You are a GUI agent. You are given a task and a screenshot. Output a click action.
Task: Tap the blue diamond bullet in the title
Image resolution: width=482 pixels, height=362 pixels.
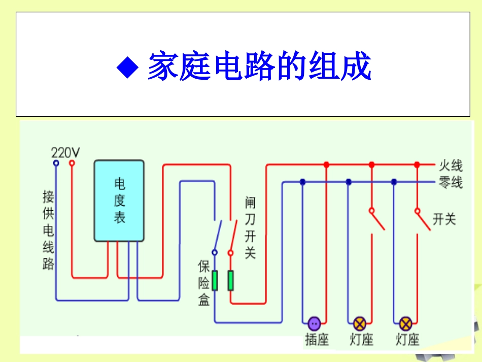pos(127,67)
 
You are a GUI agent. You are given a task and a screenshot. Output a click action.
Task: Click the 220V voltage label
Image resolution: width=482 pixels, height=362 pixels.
pos(65,152)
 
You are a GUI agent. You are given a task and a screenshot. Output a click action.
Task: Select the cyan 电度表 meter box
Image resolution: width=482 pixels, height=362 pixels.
pos(119,201)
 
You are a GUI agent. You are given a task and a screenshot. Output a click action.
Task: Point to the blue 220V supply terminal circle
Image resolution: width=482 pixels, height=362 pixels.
pos(56,163)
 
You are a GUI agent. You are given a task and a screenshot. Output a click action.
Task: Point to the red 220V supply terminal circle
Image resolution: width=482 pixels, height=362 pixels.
pos(72,163)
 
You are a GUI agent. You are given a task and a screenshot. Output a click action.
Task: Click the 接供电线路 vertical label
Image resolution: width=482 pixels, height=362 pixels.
pos(49,230)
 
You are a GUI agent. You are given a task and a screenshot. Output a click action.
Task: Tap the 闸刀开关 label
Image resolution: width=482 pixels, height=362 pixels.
pos(250,228)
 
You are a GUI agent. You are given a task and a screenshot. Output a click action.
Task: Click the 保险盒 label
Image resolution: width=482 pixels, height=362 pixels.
pos(204,283)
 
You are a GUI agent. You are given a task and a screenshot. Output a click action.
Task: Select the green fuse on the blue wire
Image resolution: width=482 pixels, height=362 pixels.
pos(215,281)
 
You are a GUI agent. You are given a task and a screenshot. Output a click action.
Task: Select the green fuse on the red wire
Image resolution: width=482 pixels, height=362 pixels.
pos(230,281)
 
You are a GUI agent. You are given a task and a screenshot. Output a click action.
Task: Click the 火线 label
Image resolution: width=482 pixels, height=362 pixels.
pos(451,166)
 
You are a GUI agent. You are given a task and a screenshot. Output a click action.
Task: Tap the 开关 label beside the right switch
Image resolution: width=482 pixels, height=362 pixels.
pos(444,219)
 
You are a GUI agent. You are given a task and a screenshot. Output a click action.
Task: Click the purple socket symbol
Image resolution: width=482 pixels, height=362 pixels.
pos(314,323)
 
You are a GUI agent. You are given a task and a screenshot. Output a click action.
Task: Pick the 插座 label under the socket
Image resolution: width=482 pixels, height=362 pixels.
pos(317,340)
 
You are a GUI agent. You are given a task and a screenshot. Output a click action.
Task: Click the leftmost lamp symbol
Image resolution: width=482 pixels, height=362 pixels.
pos(359,323)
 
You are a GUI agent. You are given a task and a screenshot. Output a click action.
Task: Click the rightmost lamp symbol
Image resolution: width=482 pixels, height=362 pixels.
pos(405,323)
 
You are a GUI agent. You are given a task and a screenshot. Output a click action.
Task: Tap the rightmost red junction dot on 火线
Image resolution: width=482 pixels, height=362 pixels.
pos(417,165)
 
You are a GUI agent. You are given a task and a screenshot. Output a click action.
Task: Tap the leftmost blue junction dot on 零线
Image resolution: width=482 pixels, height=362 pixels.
pos(302,182)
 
